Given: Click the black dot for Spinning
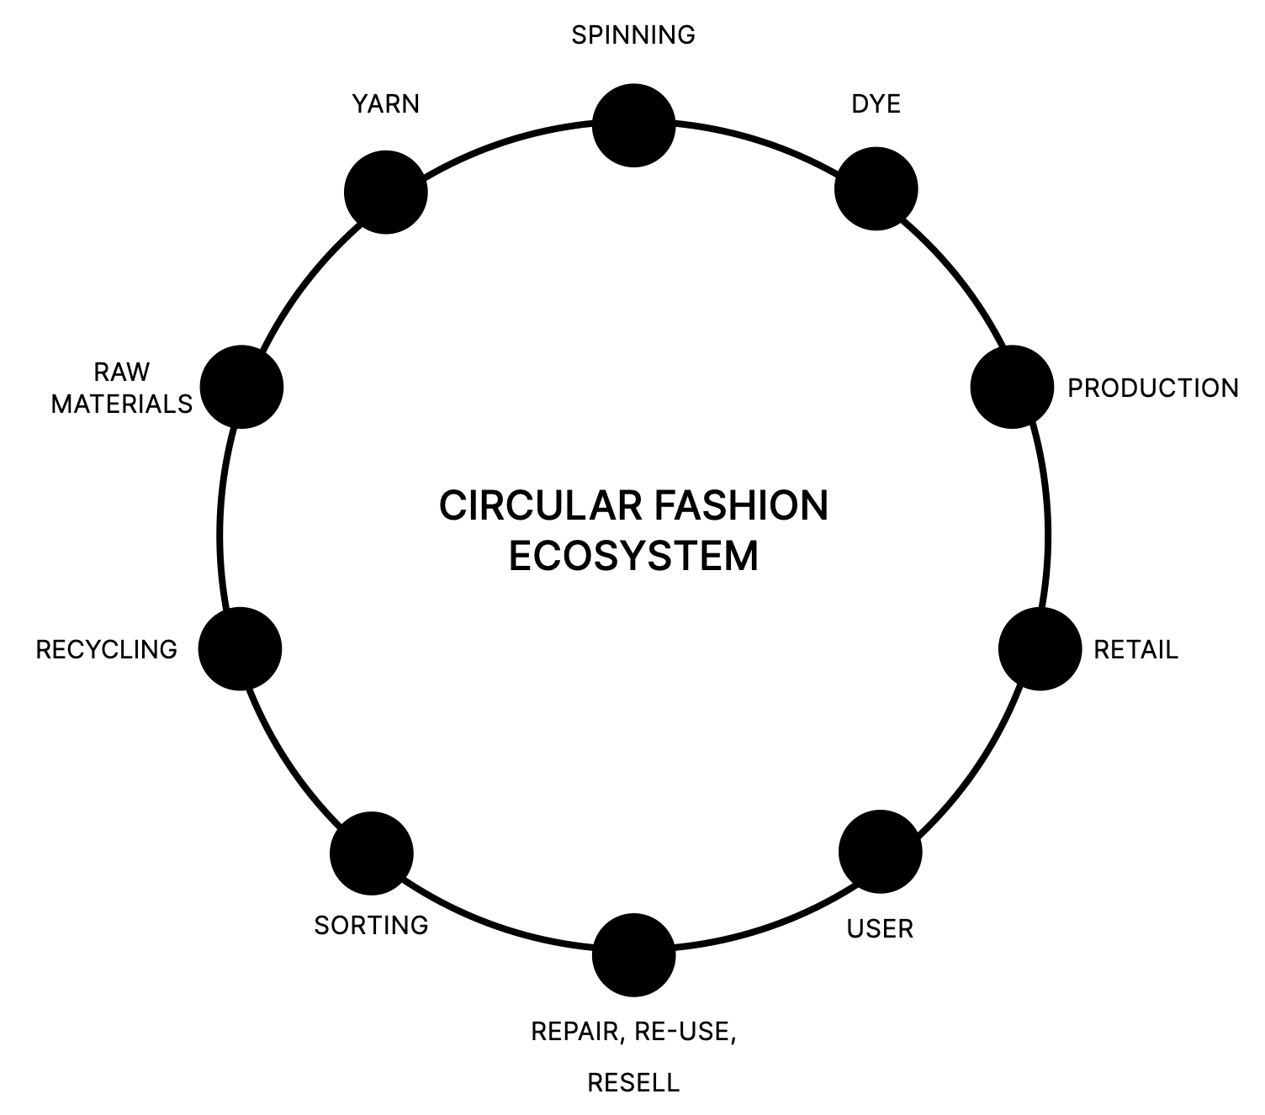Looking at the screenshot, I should (633, 125).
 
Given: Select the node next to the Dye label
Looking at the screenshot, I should (876, 188).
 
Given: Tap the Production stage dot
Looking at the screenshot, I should (1012, 387).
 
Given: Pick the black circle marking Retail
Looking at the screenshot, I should (1040, 649).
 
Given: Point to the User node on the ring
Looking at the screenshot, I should (881, 852).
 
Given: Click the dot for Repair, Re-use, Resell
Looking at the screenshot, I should (633, 955).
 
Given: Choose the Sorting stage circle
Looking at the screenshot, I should (372, 853).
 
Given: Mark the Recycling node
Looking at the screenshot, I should (240, 649).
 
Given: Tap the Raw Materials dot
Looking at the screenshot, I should (241, 387).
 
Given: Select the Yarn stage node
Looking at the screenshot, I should (386, 192).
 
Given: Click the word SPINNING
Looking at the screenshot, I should (633, 35).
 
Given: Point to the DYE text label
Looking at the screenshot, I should (876, 104).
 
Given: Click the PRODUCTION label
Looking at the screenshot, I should (1152, 388).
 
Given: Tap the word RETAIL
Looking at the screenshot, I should (1135, 650).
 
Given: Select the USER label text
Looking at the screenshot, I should (880, 929).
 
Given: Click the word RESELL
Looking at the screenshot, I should (633, 1082).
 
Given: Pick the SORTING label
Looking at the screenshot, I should (371, 926).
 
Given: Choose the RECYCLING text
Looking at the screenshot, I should (107, 650).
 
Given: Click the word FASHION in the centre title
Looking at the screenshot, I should (740, 506).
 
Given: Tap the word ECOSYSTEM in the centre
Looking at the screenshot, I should (633, 556).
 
